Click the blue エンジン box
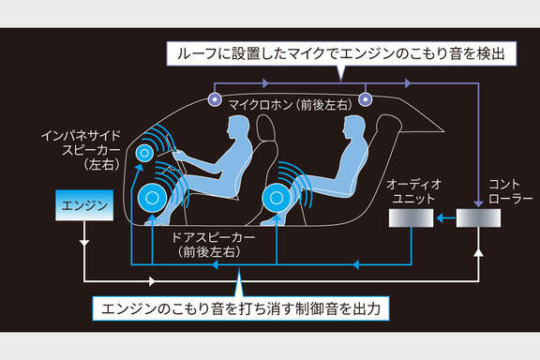84,205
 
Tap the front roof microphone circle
215,99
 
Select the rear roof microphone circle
366,99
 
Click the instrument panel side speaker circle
144,153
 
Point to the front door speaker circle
153,198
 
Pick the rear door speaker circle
277,198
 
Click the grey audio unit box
411,218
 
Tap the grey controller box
478,218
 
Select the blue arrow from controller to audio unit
445,218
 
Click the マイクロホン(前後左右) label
291,105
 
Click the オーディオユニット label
413,191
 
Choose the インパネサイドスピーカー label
82,150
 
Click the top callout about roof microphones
341,53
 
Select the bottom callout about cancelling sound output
241,308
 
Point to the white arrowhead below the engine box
84,242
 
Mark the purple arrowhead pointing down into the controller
478,203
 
